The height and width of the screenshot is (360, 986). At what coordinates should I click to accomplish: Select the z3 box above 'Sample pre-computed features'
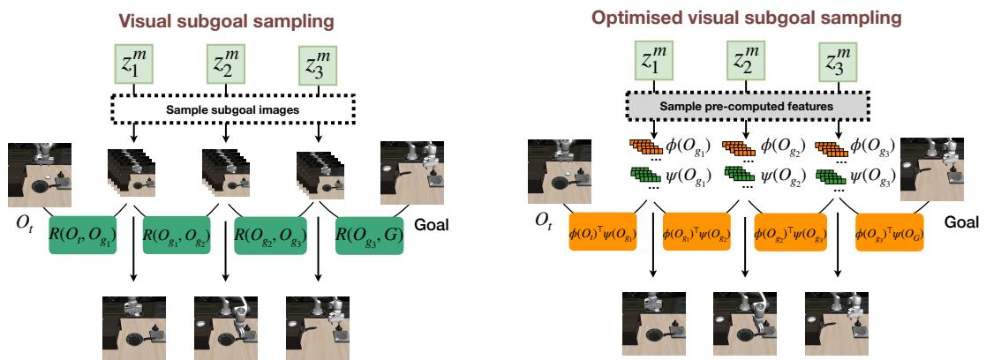coord(838,64)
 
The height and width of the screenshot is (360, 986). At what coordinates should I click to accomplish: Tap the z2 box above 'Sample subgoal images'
coord(226,64)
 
